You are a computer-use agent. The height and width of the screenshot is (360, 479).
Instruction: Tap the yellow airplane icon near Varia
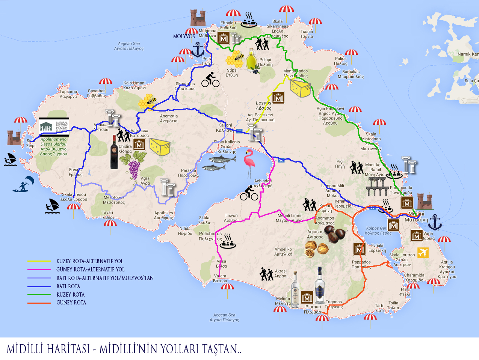[423, 252]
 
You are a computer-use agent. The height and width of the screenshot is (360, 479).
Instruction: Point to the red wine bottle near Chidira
[114, 153]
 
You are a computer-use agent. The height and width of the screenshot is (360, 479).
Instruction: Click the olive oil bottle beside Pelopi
[252, 60]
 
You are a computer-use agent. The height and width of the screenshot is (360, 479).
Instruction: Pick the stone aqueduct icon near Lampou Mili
[376, 187]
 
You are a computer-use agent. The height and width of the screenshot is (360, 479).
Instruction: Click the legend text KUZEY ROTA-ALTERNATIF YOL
[90, 261]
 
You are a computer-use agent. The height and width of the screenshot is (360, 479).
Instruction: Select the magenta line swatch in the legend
[39, 270]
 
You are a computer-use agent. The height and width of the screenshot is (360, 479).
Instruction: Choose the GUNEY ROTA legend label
[71, 303]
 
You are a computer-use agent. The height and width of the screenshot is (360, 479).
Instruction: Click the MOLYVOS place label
[184, 36]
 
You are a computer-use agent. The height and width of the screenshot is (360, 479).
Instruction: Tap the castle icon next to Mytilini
[425, 202]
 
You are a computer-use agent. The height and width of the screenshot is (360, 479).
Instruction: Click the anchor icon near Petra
[198, 50]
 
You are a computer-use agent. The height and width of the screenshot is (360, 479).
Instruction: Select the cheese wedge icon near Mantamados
[300, 89]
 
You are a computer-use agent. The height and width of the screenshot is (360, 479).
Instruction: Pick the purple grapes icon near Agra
[134, 170]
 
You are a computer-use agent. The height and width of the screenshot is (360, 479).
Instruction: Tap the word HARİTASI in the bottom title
[69, 349]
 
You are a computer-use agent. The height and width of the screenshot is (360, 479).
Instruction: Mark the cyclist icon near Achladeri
[249, 193]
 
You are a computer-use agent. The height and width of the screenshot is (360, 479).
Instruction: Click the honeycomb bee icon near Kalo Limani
[147, 102]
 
